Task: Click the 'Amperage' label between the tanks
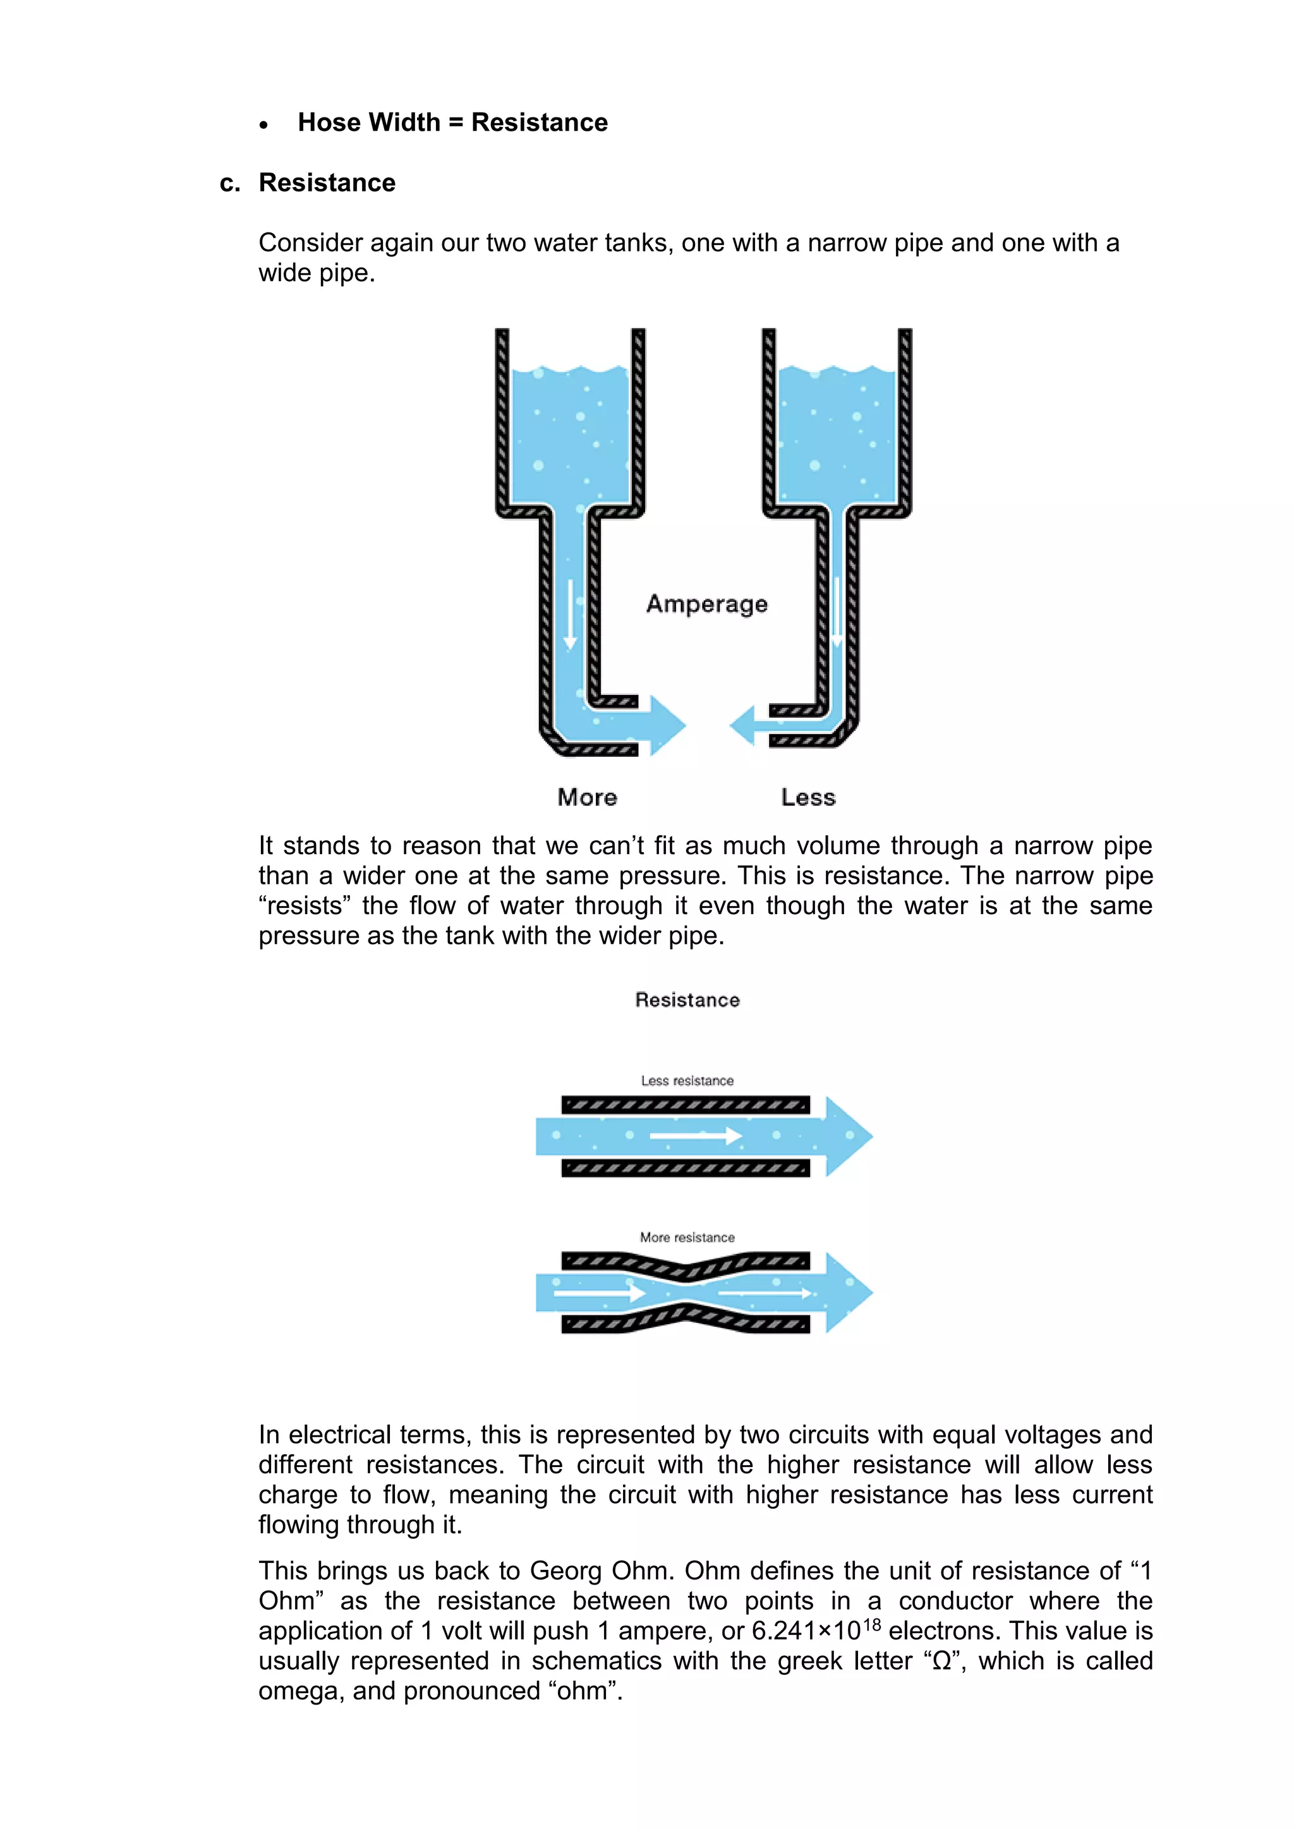pos(707,604)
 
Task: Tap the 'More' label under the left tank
pos(587,797)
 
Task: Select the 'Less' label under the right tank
pos(808,797)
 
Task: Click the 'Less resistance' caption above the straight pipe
pos(687,1081)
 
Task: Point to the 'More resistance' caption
pos(687,1237)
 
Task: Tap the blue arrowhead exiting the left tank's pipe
pos(668,725)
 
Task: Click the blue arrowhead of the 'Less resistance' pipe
pos(849,1136)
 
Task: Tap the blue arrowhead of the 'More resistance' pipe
pos(849,1292)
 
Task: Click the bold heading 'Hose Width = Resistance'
pos(452,123)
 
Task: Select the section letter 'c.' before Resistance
pos(229,183)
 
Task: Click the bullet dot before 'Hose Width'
pos(263,125)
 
